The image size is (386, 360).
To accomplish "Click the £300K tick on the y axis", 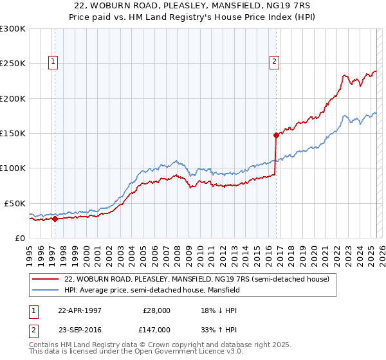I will point(12,29).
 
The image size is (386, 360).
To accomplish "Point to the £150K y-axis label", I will point(12,134).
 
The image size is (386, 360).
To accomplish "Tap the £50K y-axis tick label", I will point(15,203).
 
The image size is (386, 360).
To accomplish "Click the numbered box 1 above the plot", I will point(52,62).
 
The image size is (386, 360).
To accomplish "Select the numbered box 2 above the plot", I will point(274,62).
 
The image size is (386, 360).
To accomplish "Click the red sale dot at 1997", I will point(55,219).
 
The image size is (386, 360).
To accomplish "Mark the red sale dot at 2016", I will point(276,135).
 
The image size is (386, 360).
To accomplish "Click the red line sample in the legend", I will point(46,278).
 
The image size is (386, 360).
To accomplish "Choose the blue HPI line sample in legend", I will point(46,290).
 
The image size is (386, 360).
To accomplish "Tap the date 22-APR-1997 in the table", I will point(80,310).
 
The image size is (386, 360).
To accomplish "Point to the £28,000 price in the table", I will point(154,310).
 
